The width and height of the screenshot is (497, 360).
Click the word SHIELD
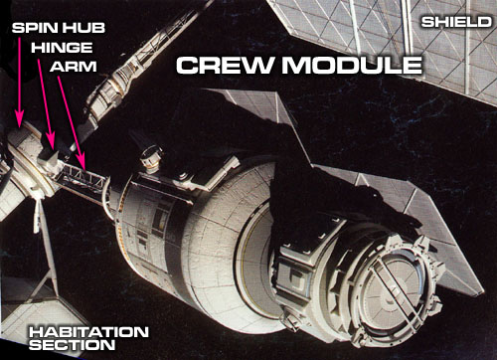pos(456,22)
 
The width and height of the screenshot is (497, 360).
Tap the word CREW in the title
pos(224,65)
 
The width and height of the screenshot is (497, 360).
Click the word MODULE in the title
pos(352,65)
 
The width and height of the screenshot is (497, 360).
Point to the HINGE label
pos(62,48)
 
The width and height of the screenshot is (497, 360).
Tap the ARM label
pos(74,67)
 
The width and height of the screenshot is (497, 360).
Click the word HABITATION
pos(88,332)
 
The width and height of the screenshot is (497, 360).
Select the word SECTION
pos(73,345)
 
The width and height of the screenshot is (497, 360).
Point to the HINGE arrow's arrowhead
pos(52,147)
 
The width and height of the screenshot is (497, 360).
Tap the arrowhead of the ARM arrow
pos(83,169)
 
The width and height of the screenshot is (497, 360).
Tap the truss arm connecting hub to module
pos(83,182)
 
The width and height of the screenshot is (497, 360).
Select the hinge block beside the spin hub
pos(49,161)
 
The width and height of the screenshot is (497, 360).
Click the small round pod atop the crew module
pos(151,158)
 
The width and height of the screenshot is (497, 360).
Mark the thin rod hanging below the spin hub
pos(37,216)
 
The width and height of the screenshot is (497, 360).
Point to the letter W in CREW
pos(256,65)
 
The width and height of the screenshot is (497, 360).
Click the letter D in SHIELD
pos(484,22)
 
